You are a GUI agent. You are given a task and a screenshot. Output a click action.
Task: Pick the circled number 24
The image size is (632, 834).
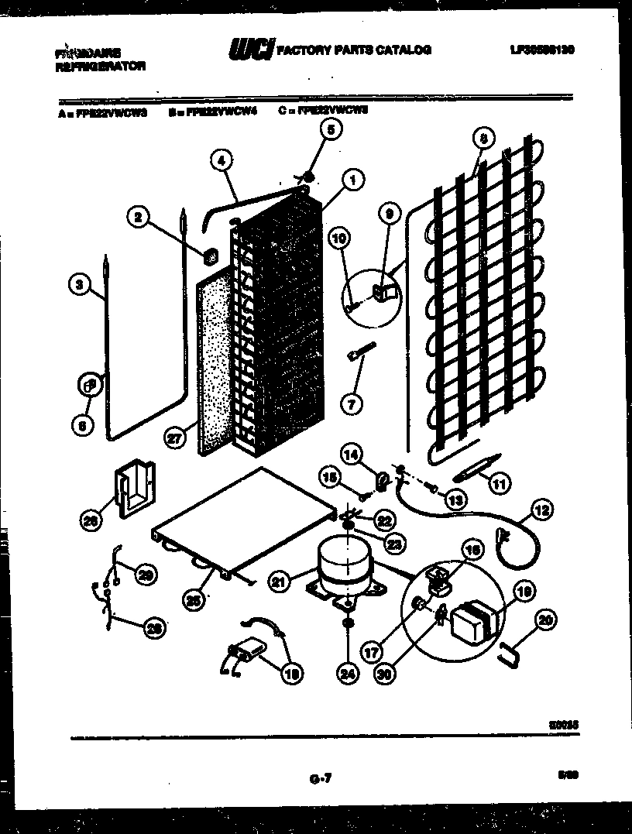point(349,674)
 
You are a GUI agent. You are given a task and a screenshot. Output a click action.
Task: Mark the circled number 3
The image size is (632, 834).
point(78,285)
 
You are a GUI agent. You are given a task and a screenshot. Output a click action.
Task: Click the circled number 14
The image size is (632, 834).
point(352,456)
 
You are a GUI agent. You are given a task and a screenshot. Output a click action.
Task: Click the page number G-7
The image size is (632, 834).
point(315,778)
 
